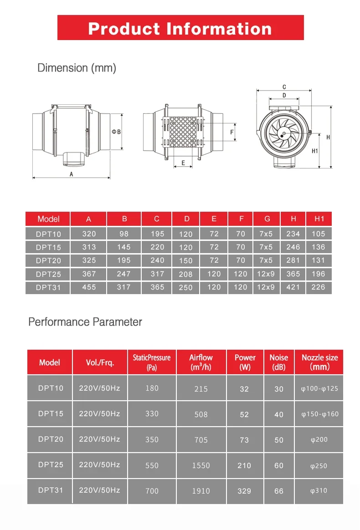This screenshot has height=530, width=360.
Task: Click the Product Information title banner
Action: pos(180,28)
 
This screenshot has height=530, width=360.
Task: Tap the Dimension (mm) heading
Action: pos(77,68)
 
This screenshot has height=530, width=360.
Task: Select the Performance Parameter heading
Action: pos(85,322)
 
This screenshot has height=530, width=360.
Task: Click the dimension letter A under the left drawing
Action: pos(71,173)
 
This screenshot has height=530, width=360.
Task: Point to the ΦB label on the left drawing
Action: pos(116,132)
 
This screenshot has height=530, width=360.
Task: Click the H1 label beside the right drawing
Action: pos(314,151)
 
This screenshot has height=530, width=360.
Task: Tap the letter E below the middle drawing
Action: pos(183,163)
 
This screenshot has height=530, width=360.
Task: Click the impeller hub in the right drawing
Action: pos(283,134)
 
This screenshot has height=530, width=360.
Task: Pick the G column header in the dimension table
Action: pos(267,219)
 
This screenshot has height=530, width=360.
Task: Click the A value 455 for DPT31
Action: pos(89,287)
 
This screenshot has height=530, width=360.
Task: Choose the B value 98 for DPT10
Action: pos(124,234)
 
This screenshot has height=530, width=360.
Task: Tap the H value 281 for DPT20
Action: pos(293,260)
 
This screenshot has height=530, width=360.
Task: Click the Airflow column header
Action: pos(201,362)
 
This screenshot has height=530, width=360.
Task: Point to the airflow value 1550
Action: pos(201,465)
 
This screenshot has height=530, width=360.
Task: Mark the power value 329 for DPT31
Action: pos(244,491)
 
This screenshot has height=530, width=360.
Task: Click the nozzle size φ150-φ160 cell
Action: pos(320,414)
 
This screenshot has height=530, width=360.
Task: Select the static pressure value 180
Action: pos(152,388)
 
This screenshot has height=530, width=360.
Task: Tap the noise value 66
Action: pos(279,491)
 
